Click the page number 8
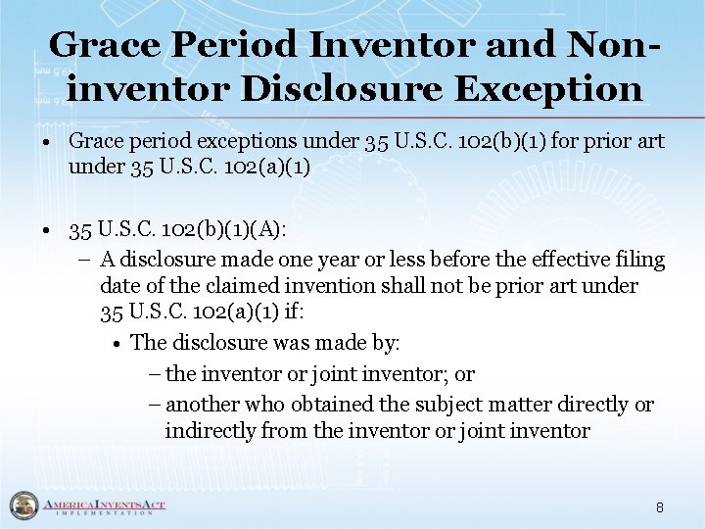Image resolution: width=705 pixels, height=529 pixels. [x=660, y=507]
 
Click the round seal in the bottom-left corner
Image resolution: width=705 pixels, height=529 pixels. [x=21, y=505]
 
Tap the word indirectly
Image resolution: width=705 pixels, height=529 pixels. [x=211, y=431]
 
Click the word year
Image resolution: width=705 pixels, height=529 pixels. [x=343, y=260]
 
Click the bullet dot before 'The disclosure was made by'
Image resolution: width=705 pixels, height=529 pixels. [x=117, y=343]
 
